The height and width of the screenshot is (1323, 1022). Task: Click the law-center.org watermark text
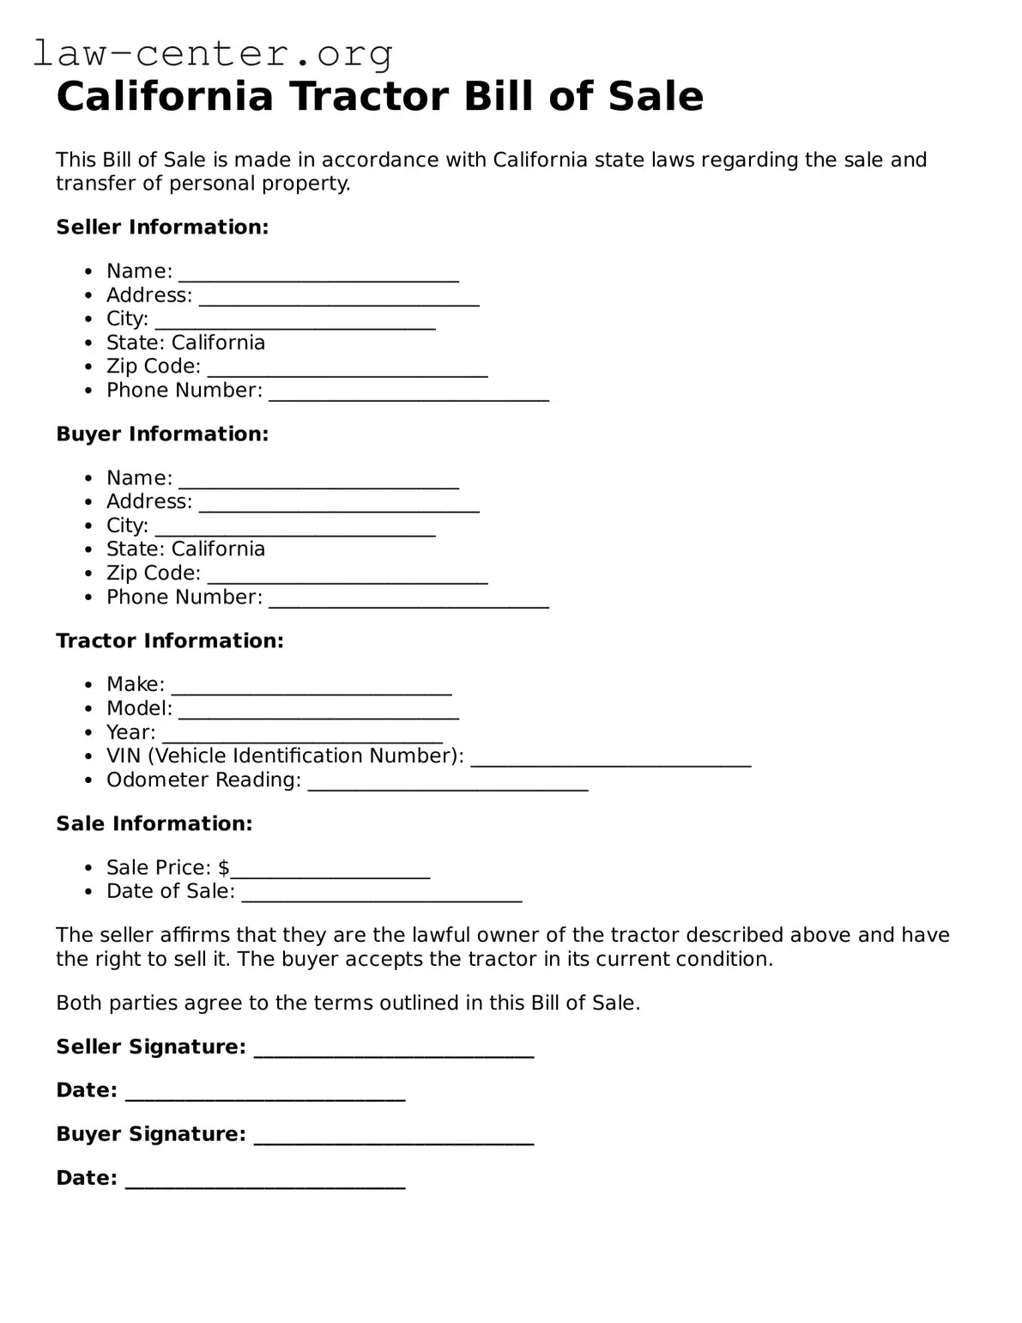(x=213, y=53)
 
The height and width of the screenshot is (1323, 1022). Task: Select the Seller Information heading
(x=162, y=227)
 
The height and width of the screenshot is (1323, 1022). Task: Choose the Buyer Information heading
(x=162, y=434)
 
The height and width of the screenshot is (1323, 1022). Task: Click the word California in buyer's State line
(x=218, y=549)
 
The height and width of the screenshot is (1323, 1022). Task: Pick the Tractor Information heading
(x=169, y=640)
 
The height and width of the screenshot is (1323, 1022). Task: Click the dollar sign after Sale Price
(x=224, y=867)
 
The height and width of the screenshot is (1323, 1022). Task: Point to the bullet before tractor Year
(x=88, y=732)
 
